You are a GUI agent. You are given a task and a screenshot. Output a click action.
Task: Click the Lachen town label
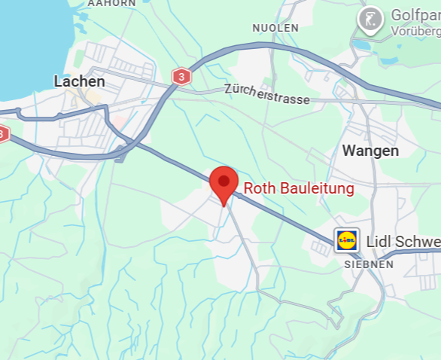[x=79, y=81]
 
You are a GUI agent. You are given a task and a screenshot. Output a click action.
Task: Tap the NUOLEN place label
[x=275, y=28]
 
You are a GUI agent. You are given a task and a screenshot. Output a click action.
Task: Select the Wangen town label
[x=370, y=151]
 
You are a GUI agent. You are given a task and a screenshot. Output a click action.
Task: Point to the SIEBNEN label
[x=369, y=264]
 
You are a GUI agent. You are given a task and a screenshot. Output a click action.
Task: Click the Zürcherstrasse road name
[x=266, y=94]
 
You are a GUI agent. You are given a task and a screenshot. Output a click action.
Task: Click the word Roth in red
[x=260, y=188]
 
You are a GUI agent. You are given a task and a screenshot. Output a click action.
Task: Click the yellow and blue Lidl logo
[x=347, y=241]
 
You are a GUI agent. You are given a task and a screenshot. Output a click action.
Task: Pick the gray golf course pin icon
[x=370, y=20]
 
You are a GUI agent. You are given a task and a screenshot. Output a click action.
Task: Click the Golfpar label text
[x=415, y=16]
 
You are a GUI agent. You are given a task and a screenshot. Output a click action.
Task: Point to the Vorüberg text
[x=415, y=32]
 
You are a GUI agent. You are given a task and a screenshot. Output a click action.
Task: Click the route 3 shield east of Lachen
[x=181, y=76]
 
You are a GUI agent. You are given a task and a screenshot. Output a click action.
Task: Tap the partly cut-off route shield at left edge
[x=3, y=134]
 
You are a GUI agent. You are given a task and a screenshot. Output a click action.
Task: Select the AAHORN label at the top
[x=111, y=3]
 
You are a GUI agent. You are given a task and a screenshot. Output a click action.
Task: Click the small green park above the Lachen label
[x=76, y=57]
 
